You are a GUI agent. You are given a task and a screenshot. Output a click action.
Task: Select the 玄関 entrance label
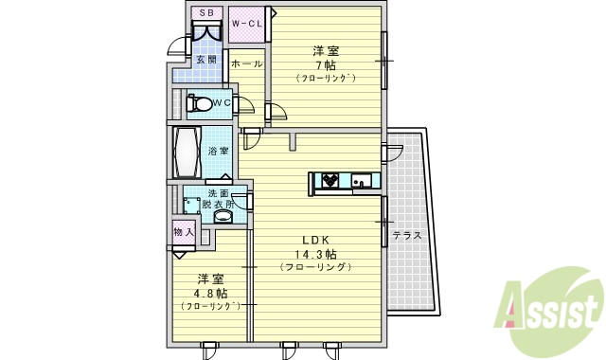205,60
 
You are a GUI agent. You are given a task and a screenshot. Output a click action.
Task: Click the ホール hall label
246,63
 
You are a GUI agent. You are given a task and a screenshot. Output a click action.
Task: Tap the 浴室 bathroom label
218,151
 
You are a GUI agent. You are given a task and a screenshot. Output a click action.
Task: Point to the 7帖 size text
325,65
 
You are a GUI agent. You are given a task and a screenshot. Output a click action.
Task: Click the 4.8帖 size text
210,293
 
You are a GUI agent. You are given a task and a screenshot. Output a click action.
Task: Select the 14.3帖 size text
316,255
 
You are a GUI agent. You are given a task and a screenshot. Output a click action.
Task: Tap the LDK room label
315,241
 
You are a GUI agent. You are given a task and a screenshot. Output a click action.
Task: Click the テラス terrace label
406,235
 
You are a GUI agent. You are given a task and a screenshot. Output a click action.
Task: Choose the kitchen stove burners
330,178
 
